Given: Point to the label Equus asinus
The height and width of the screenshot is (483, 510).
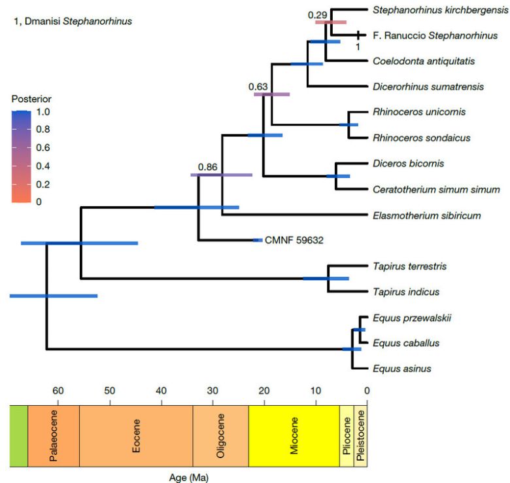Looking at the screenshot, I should pos(402,369).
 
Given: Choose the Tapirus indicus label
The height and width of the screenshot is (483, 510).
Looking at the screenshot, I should pos(406,292).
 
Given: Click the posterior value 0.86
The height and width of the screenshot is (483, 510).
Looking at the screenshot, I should pos(207,167).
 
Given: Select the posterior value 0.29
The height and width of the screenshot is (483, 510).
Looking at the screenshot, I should pos(318,14).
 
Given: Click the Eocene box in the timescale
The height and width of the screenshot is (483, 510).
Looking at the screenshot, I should pos(135,435).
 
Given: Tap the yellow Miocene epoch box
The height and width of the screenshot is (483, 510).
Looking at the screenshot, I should pos(294,435).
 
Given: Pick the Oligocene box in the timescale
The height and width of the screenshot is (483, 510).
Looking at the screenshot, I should pos(220,435).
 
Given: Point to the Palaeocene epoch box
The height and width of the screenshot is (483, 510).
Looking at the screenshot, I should pos(53,435).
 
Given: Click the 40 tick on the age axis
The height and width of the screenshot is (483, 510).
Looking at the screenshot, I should pos(161,391).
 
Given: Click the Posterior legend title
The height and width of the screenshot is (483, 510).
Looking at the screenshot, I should pos(31,99).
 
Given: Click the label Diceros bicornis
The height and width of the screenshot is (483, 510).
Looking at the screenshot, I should pos(403,164).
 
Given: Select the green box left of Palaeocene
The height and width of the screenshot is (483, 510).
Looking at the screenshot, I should pos(18,435).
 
